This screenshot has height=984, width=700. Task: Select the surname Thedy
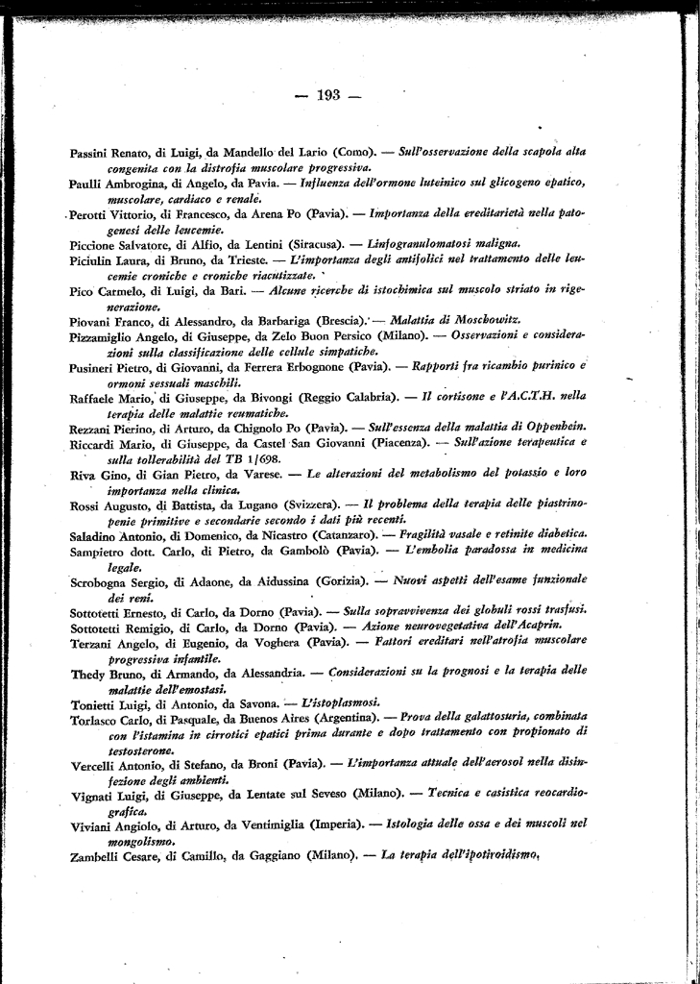click(x=88, y=674)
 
